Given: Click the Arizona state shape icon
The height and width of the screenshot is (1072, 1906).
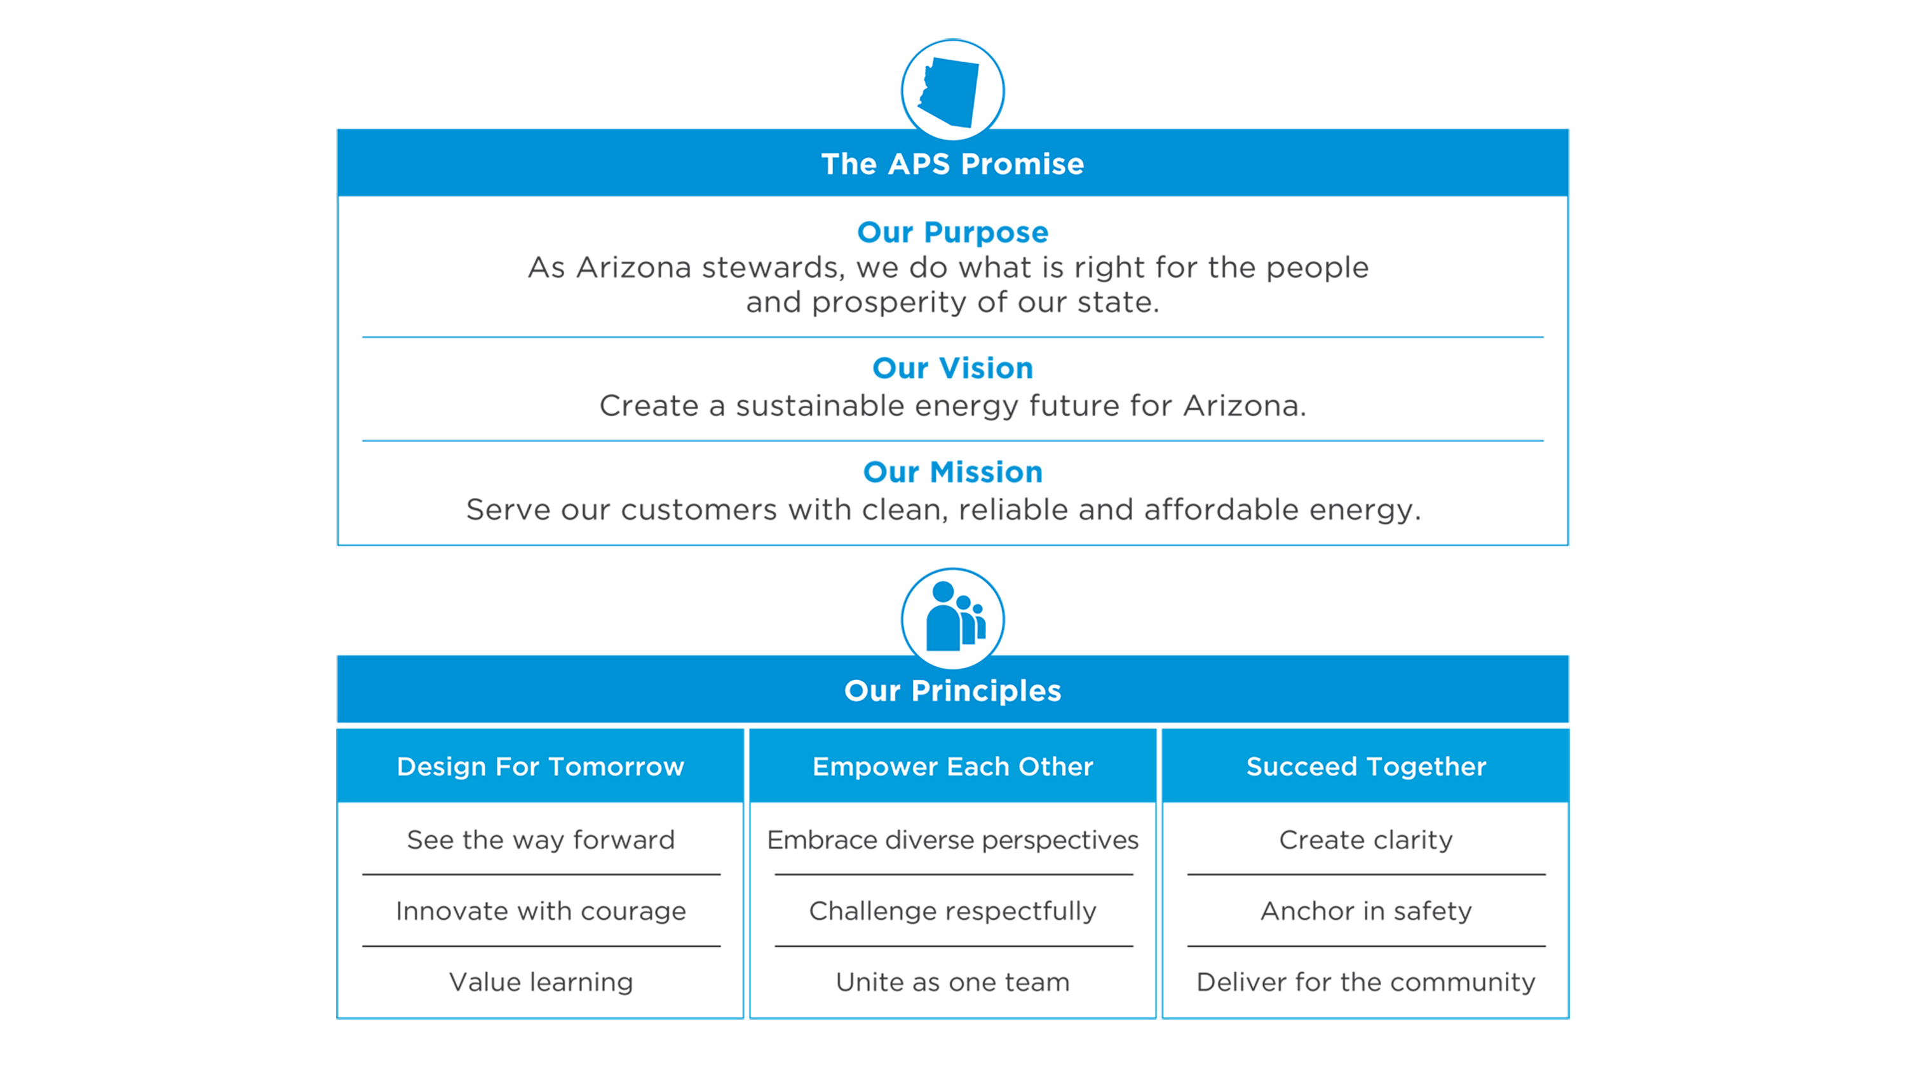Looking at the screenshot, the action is click(x=949, y=91).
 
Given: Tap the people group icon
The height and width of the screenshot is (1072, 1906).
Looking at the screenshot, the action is click(x=954, y=616).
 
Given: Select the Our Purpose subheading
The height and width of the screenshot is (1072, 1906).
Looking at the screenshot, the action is click(x=952, y=232).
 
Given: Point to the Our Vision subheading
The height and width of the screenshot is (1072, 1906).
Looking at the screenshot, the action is click(x=952, y=368).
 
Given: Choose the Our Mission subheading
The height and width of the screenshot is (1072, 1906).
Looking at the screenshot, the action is click(x=952, y=472).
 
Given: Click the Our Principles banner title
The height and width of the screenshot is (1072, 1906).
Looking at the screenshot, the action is click(x=952, y=691).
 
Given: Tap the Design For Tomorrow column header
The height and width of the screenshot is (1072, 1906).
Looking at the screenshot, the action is click(x=540, y=767).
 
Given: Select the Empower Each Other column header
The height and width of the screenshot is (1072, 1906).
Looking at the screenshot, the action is click(x=952, y=767).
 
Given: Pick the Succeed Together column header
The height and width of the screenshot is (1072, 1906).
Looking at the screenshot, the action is click(x=1366, y=767).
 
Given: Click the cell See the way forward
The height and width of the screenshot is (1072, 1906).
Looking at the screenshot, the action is click(x=540, y=840).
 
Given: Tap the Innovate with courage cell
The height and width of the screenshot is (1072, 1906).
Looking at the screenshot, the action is click(x=540, y=911).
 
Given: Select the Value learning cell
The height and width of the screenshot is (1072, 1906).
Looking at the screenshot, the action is click(x=540, y=982).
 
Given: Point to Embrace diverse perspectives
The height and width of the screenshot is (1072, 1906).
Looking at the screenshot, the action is click(x=952, y=840).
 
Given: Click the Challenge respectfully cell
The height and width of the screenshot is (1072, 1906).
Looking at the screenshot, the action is click(x=952, y=911).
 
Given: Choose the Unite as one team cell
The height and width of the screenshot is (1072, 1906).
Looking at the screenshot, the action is click(x=952, y=982).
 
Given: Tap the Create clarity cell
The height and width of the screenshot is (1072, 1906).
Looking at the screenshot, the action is click(x=1366, y=840).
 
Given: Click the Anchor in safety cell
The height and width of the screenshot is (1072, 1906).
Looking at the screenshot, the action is click(x=1366, y=911).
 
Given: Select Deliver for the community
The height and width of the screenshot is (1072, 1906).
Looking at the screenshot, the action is click(x=1366, y=982).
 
